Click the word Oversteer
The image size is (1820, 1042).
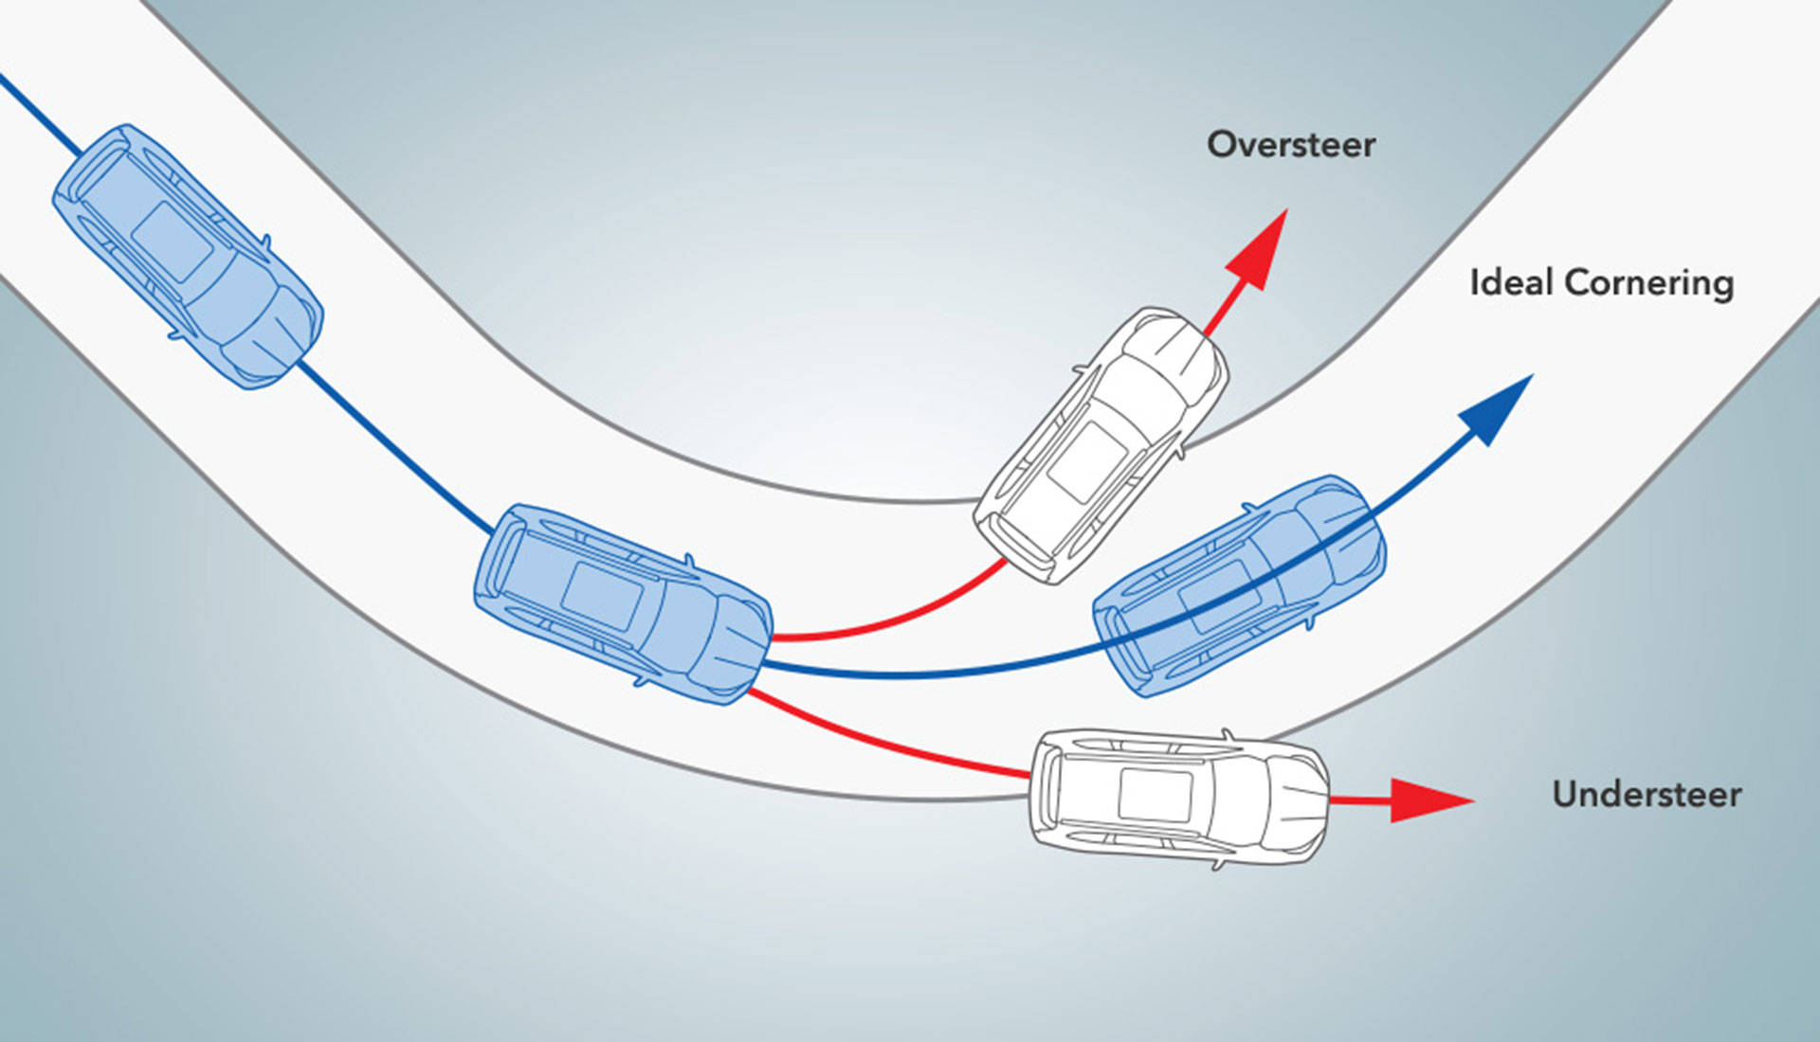1290,145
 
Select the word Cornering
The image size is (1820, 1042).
1649,283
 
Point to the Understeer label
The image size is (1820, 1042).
1647,794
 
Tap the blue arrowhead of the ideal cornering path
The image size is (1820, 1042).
1498,407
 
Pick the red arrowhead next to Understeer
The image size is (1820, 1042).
1428,800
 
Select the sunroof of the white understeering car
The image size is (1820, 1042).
1156,795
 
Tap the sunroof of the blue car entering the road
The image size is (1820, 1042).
172,242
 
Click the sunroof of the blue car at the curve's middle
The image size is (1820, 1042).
602,598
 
